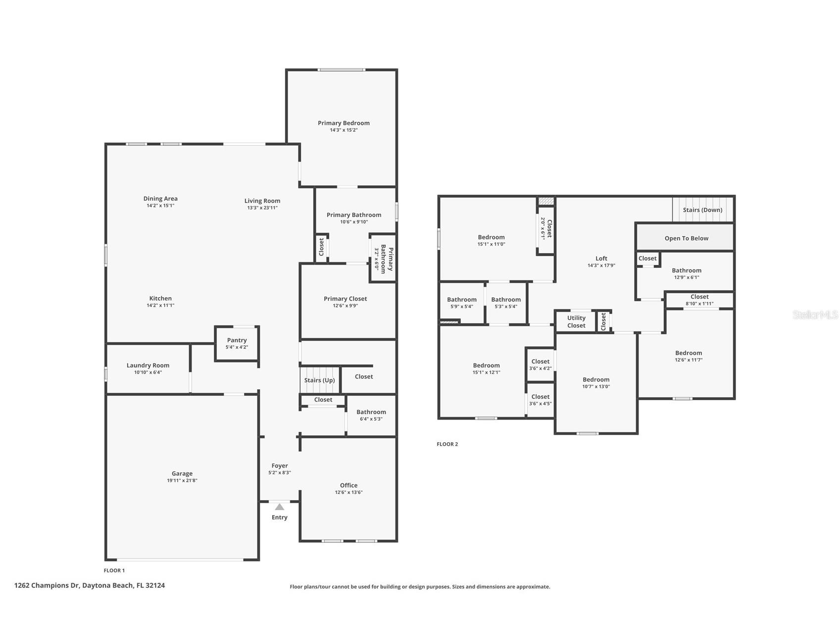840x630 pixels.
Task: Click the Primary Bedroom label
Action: coord(344,123)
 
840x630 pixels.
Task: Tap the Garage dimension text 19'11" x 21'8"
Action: coord(182,480)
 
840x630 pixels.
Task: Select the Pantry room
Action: coord(237,343)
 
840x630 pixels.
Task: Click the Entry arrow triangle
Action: coord(280,507)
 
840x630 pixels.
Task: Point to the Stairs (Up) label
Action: coord(319,380)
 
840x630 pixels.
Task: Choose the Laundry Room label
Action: coord(148,366)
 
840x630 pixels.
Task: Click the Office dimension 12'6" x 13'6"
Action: coord(349,492)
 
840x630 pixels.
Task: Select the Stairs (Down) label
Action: coord(702,210)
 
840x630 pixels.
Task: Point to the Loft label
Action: coord(601,259)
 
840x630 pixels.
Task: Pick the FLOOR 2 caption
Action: coord(447,444)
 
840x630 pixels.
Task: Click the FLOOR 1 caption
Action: coord(114,571)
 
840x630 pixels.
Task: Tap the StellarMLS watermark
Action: coord(815,315)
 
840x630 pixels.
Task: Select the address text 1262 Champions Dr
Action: coord(47,585)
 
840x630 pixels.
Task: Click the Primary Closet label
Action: coord(346,299)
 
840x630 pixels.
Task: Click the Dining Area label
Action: coord(160,199)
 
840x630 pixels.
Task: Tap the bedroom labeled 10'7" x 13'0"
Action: coord(596,383)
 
